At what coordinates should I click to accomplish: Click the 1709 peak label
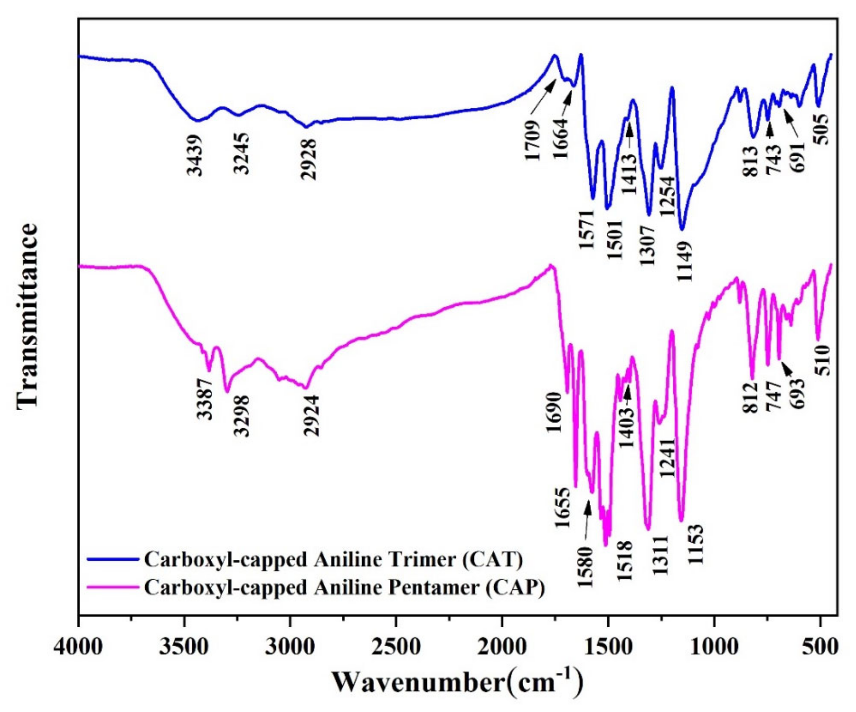(533, 140)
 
